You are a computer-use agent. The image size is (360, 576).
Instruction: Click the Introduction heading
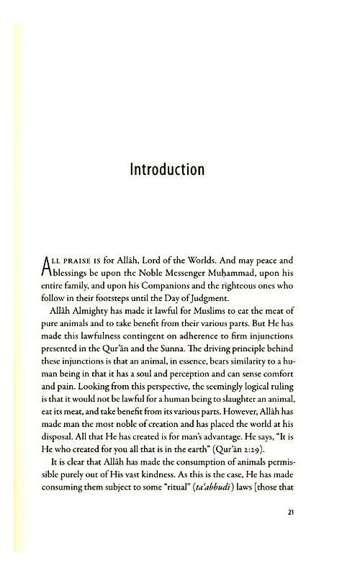tap(167, 170)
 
